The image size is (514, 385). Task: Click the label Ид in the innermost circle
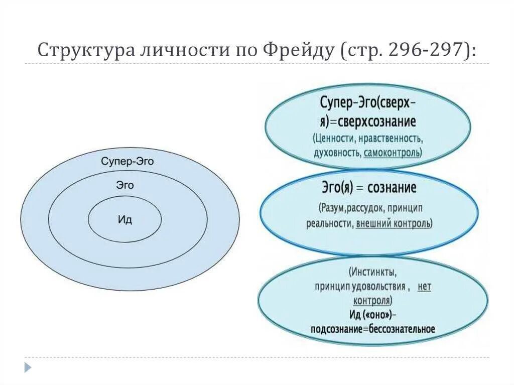coord(125,220)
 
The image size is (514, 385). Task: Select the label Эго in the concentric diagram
coord(125,185)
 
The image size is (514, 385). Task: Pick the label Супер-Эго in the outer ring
coord(127,162)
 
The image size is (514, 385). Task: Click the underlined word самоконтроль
coord(393,152)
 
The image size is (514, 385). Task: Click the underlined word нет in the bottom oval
coord(424,287)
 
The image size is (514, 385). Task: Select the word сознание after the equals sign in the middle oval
coord(392,188)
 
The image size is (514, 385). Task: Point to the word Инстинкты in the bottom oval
coord(373,273)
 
